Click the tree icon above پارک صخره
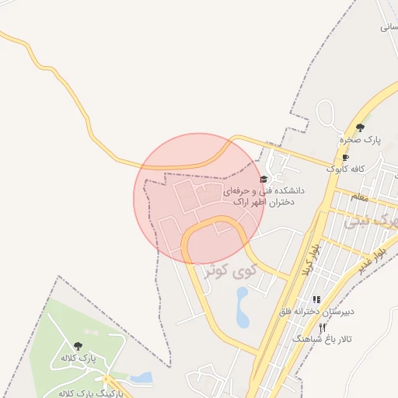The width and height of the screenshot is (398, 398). click(x=359, y=127)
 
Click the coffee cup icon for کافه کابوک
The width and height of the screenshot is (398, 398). click(x=346, y=157)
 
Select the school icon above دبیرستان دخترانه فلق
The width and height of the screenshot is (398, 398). click(x=316, y=299)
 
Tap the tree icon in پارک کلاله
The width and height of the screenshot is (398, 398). click(x=77, y=345)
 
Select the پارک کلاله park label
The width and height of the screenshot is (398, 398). click(x=77, y=358)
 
